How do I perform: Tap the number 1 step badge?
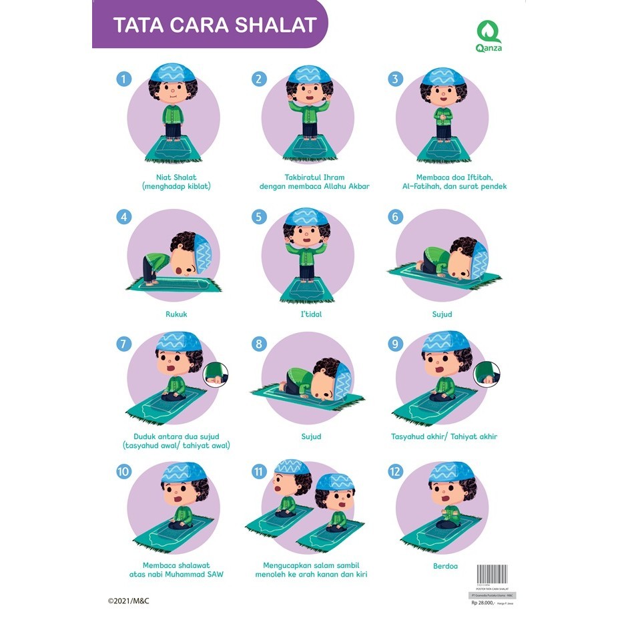coord(123,79)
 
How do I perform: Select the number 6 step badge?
coord(396,217)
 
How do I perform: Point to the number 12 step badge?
coord(396,472)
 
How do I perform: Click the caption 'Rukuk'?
coord(176,314)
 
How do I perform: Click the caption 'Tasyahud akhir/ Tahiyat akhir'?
coord(444,436)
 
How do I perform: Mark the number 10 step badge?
coord(123,472)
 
